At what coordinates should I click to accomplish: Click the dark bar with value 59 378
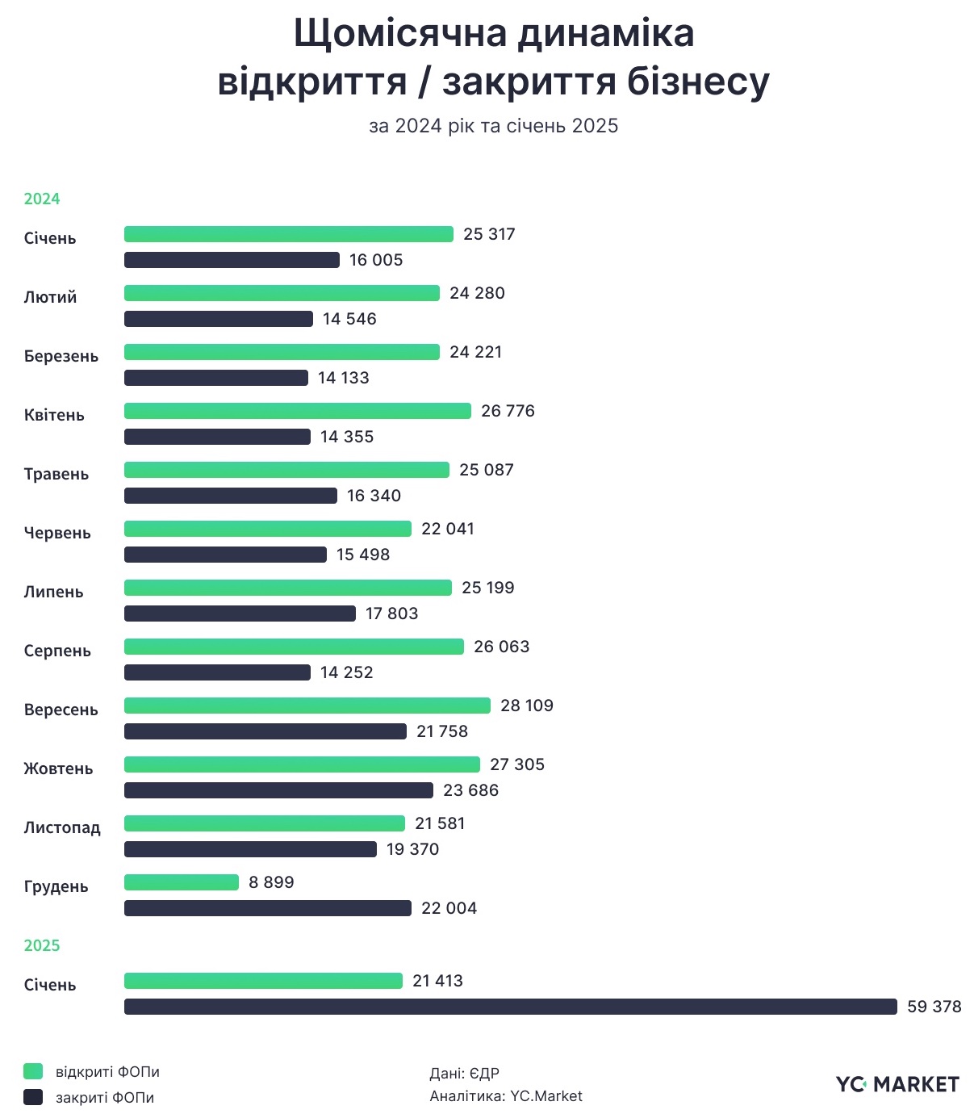point(510,1007)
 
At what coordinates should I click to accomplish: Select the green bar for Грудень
point(182,882)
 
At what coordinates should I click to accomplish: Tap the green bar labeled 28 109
point(307,706)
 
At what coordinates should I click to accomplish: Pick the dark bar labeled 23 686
point(278,790)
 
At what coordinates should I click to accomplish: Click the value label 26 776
point(508,411)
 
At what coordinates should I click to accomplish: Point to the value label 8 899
point(271,882)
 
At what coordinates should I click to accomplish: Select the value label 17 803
point(391,614)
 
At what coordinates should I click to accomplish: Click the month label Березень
point(61,356)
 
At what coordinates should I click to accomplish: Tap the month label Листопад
point(62,827)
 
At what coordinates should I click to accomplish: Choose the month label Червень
point(57,533)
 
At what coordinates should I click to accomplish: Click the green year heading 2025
point(42,945)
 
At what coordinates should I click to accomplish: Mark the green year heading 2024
point(42,199)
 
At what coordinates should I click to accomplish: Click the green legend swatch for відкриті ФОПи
point(33,1071)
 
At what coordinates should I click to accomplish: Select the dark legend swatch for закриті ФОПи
point(33,1097)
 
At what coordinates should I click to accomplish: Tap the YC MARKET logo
point(897,1084)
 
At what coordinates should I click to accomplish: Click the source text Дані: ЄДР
point(464,1073)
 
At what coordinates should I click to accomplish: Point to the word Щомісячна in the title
point(400,34)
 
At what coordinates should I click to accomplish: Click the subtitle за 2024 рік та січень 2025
point(493,126)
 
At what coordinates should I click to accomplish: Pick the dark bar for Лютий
point(218,319)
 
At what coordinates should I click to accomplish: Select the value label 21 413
point(437,981)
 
